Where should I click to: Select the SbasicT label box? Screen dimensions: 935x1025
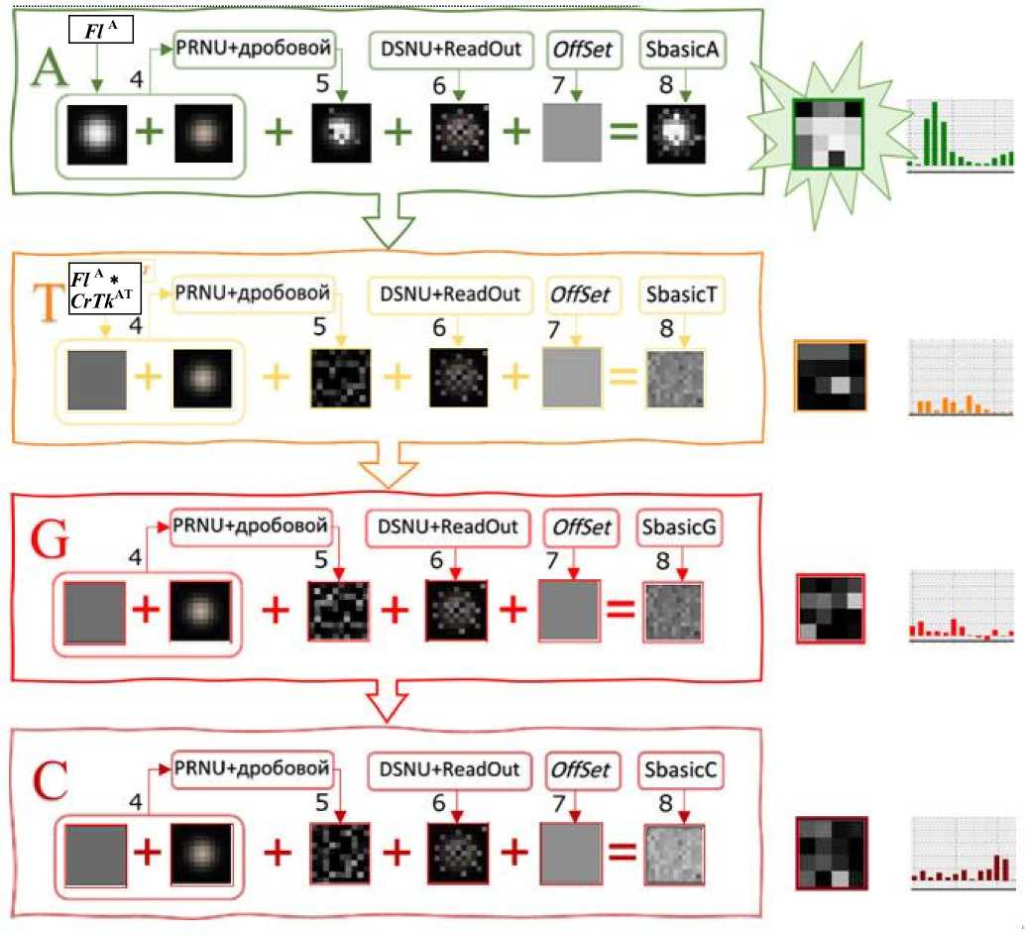(680, 296)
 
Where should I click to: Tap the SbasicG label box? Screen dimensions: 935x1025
(680, 528)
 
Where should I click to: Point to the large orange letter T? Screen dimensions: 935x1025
(49, 308)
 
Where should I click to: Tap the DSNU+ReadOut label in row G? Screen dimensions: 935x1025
(445, 528)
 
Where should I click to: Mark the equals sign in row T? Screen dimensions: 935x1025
(622, 377)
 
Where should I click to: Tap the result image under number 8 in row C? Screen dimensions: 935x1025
(675, 854)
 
